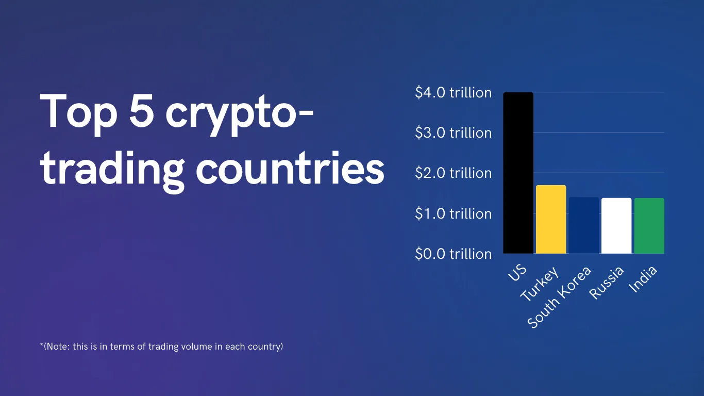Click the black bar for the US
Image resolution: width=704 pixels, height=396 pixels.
coord(518,173)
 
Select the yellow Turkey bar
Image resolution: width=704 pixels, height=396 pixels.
coord(551,219)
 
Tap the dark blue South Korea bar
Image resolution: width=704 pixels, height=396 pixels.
coord(583,225)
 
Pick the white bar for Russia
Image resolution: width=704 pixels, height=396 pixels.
coord(616,225)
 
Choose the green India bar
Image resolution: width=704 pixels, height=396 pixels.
coord(649,225)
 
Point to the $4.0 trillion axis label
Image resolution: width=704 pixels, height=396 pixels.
coord(453,92)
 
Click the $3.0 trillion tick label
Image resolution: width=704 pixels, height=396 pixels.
coord(453,133)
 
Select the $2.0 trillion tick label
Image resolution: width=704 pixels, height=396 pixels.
coord(453,173)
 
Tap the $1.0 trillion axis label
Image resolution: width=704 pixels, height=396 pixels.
coord(453,213)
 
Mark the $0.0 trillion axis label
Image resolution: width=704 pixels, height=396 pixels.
coord(453,254)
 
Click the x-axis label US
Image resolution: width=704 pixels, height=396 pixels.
coord(517,272)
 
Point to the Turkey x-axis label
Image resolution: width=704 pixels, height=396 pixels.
coord(539,284)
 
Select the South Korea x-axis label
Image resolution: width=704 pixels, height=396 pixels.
coord(559,297)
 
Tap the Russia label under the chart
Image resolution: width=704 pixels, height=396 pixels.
coord(606,283)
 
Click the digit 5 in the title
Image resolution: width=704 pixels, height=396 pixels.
coord(141,111)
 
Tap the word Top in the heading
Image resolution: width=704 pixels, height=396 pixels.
coord(78,114)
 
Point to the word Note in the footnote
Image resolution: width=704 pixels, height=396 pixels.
coord(58,346)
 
